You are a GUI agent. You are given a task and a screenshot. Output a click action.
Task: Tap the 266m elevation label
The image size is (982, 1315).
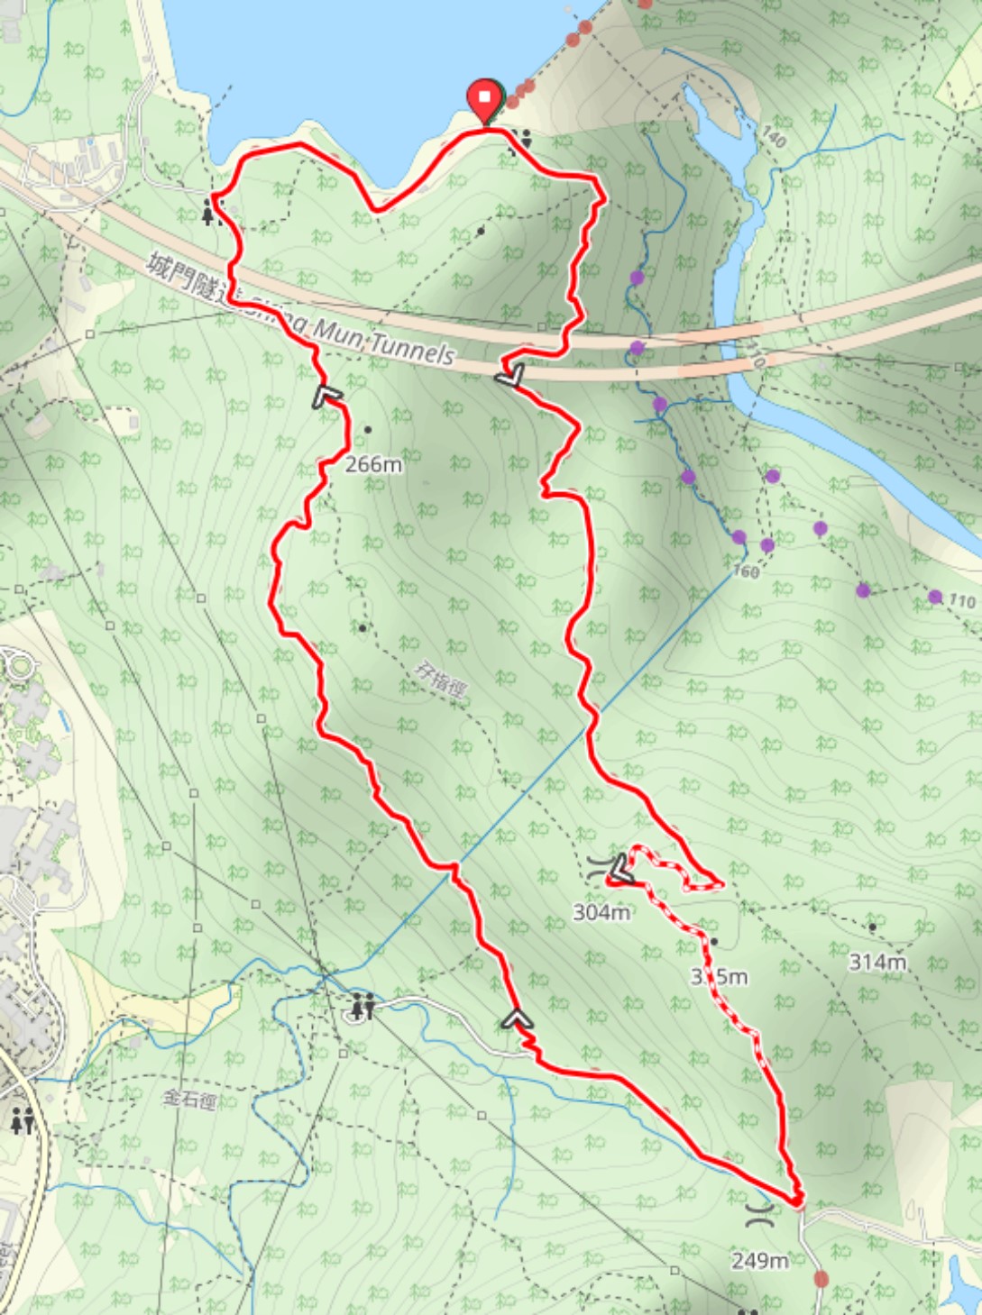pos(373,465)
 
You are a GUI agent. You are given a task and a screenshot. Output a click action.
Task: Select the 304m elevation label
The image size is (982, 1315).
pos(601,912)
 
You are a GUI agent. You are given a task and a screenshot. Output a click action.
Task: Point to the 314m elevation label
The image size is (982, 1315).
pos(876,962)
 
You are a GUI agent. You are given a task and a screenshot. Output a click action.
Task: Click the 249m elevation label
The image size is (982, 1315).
pos(760,1260)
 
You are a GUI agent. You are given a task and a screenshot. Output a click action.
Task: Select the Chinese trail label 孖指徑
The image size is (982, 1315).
pos(441,680)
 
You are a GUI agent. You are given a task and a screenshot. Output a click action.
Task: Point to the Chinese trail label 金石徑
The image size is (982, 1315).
pos(189,1099)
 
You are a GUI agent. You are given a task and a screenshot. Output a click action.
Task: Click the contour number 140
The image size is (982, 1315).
pos(774,137)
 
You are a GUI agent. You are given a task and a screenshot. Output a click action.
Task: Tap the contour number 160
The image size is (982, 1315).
pos(746,571)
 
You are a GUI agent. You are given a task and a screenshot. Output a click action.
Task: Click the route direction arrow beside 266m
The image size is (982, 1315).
pos(327,397)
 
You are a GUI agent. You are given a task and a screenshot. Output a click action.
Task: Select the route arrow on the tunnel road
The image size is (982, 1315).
pos(509,375)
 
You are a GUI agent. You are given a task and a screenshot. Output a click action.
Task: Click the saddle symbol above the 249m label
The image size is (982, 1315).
pos(760,1214)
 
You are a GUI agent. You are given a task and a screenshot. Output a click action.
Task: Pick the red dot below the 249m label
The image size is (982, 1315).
pos(821,1278)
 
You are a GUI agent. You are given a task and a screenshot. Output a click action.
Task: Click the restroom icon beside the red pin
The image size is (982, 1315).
pos(521,139)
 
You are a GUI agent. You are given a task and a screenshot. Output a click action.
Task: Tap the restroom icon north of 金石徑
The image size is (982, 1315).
pos(363,1006)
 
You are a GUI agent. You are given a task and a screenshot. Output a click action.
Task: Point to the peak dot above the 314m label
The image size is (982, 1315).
pos(872,927)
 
